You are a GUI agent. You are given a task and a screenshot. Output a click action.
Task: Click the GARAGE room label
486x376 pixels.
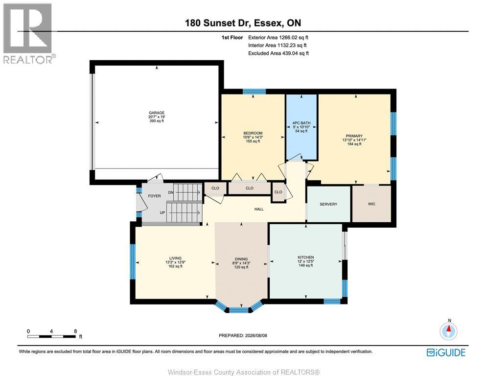click(157, 113)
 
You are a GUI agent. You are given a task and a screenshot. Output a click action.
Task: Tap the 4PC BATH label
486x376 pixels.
click(301, 123)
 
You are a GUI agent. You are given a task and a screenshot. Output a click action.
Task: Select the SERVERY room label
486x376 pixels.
click(328, 204)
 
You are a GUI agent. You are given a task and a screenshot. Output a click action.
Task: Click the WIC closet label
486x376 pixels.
click(371, 204)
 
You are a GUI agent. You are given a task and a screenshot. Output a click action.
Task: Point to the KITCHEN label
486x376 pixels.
click(306, 258)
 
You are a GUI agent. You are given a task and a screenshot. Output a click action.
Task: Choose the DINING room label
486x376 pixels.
click(241, 259)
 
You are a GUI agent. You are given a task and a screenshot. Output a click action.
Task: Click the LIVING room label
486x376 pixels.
click(175, 258)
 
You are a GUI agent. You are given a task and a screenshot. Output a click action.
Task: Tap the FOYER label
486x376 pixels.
click(154, 196)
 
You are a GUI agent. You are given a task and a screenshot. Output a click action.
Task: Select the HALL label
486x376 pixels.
click(259, 209)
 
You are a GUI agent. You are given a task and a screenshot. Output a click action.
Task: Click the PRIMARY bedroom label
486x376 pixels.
click(354, 136)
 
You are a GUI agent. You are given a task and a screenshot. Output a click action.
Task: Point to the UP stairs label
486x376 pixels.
click(162, 212)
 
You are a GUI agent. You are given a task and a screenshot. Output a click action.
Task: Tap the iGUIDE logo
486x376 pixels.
click(446, 353)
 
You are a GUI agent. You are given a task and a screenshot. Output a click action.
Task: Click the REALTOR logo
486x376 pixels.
click(28, 33)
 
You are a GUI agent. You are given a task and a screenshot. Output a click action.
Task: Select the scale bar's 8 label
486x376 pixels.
click(75, 331)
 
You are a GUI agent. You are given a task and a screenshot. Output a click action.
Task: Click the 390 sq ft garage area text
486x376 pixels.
click(157, 121)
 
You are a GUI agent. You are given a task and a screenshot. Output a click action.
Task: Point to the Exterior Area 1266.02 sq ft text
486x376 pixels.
click(278, 38)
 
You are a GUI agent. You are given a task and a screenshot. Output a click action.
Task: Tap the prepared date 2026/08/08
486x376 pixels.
click(255, 335)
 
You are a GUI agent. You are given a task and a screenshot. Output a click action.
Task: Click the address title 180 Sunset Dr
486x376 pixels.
click(218, 23)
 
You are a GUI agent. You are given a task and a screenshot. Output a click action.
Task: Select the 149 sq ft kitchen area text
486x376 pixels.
click(306, 265)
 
